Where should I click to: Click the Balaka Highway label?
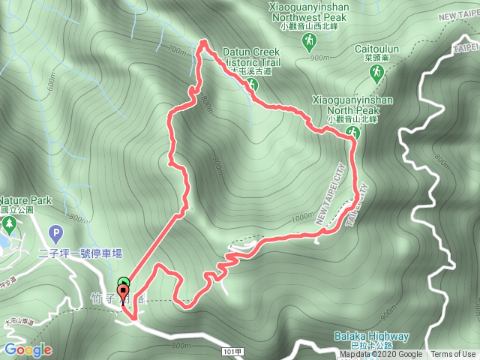(x=372, y=337)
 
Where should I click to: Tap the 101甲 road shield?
(x=233, y=350)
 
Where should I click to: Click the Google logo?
(x=28, y=349)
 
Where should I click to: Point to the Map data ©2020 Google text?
(x=380, y=355)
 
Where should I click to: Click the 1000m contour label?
(x=303, y=217)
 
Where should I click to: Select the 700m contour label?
(x=177, y=50)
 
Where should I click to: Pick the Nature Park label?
(x=25, y=201)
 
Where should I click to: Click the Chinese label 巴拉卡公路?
(x=372, y=346)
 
